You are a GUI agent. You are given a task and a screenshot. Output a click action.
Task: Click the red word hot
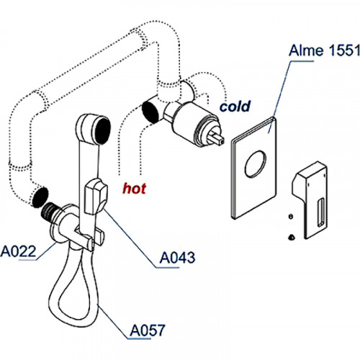134,189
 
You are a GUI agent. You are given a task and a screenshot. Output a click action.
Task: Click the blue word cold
235,107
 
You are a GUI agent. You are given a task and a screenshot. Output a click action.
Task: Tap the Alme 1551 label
325,50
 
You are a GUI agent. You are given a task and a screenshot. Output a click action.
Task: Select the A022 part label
18,251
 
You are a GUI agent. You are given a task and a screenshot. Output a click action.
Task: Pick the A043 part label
177,258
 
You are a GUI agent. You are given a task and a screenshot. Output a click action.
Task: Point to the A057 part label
148,330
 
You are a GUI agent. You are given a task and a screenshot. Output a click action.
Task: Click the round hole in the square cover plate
256,164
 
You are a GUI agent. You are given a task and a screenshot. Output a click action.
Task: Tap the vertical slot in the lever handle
321,212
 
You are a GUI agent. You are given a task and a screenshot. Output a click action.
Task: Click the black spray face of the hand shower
103,130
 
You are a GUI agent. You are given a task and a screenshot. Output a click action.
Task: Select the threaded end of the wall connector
50,210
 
